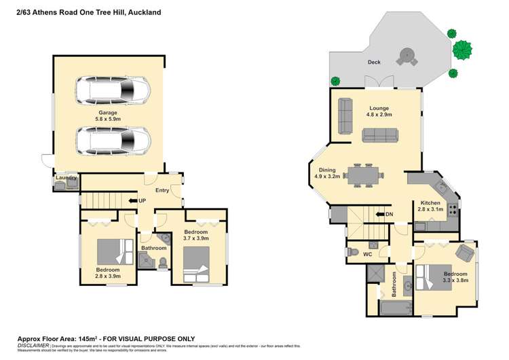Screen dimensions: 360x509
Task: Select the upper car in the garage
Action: point(113,90)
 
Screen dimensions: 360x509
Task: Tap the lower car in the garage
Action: point(113,142)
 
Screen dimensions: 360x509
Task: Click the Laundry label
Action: point(67,178)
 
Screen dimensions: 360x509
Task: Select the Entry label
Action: point(162,190)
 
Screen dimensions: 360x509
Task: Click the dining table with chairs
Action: point(361,175)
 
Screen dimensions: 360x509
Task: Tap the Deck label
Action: point(374,62)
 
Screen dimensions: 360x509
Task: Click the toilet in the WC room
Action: point(352,253)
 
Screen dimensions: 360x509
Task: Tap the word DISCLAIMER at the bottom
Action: point(33,345)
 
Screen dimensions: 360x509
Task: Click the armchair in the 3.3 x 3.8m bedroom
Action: point(465,253)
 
